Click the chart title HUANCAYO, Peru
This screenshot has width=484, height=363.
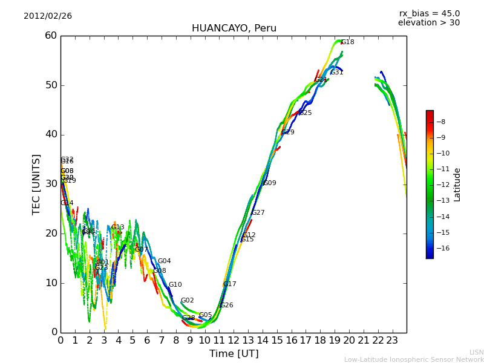(234, 28)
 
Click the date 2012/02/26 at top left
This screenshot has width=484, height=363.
(48, 16)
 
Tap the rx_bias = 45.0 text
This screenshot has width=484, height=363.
(429, 14)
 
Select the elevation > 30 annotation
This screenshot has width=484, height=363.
(428, 23)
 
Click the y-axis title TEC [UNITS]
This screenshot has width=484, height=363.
(36, 184)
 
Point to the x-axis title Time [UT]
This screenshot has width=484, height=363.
(234, 354)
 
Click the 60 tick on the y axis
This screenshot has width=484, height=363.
(51, 36)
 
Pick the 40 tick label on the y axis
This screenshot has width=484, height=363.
(51, 134)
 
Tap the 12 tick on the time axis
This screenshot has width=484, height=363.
(234, 340)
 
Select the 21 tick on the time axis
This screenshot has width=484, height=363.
(364, 340)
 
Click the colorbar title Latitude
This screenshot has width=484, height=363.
(457, 185)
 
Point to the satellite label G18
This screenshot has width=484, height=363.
(348, 42)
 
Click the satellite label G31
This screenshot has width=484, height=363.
(336, 73)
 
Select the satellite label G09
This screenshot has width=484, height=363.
(269, 183)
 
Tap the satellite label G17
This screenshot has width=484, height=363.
(229, 284)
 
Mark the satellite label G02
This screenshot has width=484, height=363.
(187, 301)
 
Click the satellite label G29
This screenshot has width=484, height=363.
(288, 132)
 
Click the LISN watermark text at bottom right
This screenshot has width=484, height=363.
(476, 352)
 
